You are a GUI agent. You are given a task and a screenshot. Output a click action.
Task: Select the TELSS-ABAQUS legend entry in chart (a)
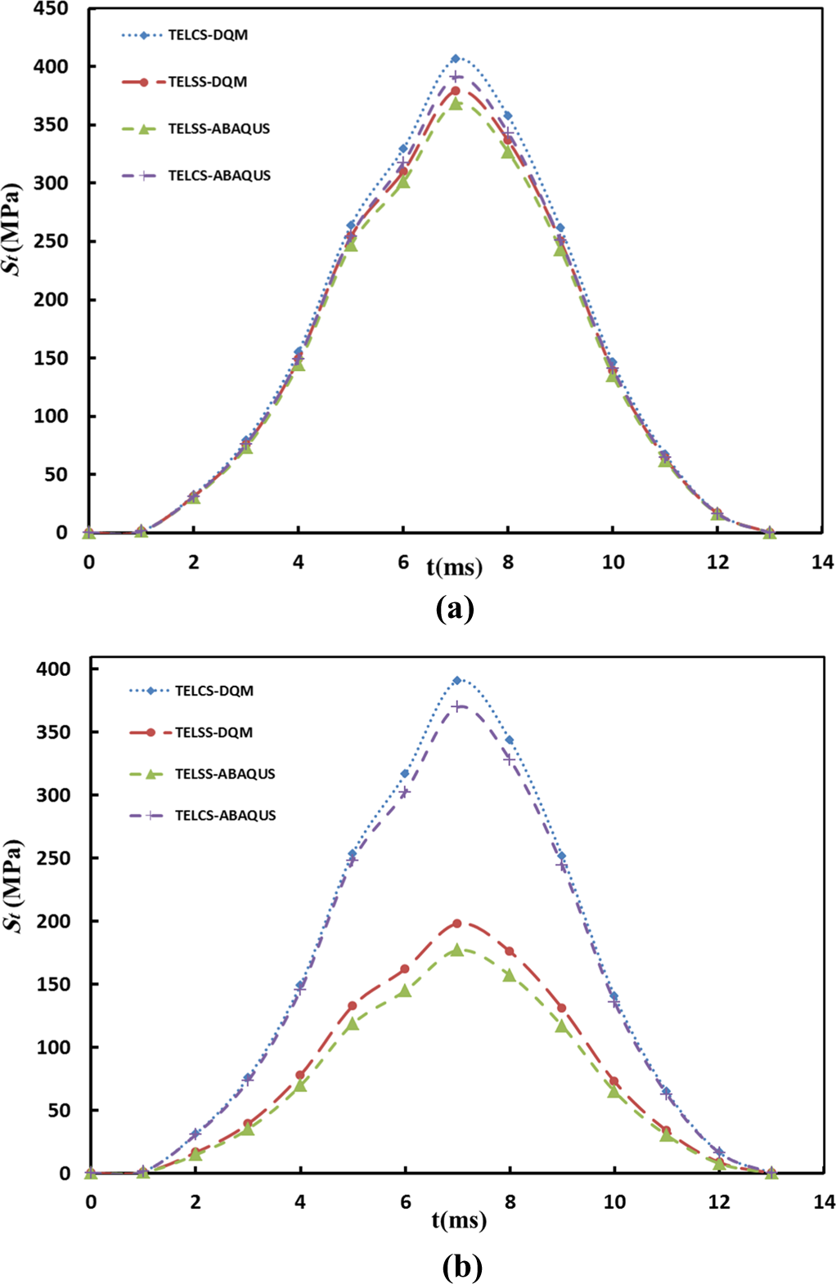[x=196, y=128]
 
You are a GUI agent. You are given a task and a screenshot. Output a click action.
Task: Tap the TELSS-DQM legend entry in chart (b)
[x=191, y=732]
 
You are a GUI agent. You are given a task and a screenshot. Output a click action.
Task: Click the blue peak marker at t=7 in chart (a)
[x=456, y=59]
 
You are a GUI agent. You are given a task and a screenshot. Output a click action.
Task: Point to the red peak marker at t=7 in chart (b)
[x=456, y=924]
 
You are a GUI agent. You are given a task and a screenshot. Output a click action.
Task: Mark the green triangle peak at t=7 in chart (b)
[x=456, y=950]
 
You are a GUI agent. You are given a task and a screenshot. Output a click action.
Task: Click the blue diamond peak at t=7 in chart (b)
[x=456, y=680]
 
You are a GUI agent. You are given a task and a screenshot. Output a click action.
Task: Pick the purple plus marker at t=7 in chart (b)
[x=456, y=706]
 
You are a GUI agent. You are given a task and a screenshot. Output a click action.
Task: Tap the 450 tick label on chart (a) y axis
[x=51, y=9]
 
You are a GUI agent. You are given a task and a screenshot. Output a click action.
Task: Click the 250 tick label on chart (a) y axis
[x=51, y=241]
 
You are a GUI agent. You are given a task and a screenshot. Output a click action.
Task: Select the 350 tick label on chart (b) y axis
[x=53, y=732]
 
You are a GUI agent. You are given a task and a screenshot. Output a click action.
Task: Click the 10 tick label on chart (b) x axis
[x=614, y=1202]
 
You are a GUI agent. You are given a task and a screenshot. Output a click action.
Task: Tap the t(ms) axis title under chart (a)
[x=455, y=567]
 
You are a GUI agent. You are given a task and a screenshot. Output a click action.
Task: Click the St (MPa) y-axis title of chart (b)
[x=17, y=887]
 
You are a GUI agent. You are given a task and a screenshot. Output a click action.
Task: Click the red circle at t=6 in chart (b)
[x=405, y=969]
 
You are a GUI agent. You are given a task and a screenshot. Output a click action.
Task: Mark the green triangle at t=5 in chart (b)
[x=353, y=1024]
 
